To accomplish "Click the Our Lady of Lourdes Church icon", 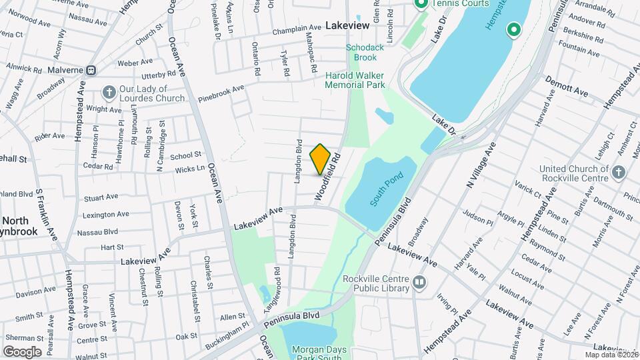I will click(108, 92).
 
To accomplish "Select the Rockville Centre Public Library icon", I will click(419, 282).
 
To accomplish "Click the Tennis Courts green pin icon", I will click(421, 5).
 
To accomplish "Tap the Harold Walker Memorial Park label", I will click(355, 80).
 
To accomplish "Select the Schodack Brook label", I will click(361, 52).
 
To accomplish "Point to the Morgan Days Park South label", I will click(316, 353).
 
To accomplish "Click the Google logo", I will click(22, 352).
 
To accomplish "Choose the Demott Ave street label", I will click(566, 87).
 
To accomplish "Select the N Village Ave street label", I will click(481, 165).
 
